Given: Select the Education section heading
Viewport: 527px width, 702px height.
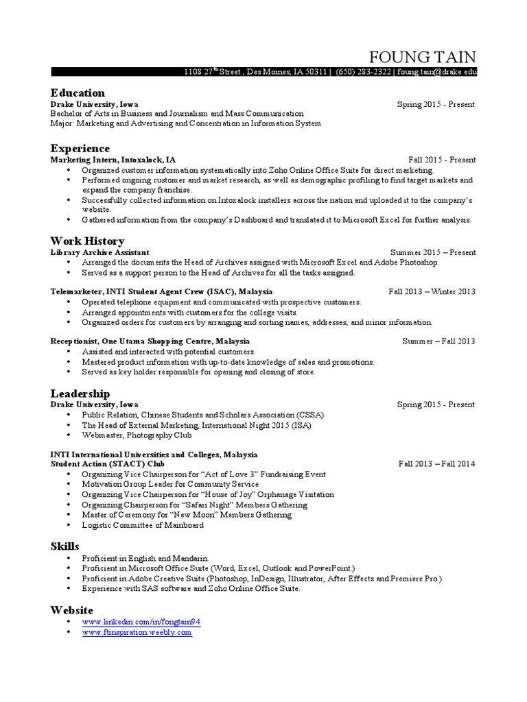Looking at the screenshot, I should (78, 93).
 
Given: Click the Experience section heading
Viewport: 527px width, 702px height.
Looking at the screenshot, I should (80, 149).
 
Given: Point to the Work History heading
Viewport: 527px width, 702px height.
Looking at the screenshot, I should (87, 241).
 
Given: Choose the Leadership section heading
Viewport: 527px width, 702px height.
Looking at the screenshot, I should (80, 394).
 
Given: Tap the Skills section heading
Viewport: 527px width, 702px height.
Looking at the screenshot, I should (65, 546).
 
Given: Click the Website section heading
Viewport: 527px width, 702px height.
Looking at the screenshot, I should (71, 610).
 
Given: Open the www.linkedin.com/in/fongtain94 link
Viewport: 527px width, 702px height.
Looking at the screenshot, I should (141, 622).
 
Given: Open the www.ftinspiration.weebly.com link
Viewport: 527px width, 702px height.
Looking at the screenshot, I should (137, 632).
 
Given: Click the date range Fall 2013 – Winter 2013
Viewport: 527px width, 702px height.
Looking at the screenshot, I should (432, 291).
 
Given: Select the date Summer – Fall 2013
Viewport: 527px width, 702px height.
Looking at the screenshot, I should (438, 341).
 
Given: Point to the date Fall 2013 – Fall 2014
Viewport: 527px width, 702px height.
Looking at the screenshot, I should (436, 464).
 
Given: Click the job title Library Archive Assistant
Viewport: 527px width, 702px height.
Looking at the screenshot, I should (99, 252).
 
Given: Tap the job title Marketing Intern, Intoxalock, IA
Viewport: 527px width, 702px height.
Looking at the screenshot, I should (108, 160).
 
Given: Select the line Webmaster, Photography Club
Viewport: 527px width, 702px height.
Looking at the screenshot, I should (137, 435).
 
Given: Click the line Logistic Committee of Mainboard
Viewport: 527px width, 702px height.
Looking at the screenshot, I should (142, 525).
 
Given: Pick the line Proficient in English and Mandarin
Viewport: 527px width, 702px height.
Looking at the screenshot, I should (145, 559).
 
